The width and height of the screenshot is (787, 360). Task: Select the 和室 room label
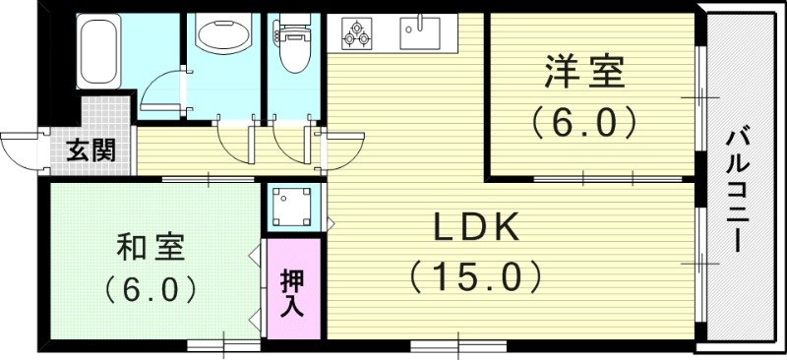pos(151,246)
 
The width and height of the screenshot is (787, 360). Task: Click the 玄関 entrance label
pos(91,150)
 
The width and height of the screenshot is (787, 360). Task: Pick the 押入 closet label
pos(293,291)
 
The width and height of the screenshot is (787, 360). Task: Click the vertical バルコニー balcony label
pos(739,193)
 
